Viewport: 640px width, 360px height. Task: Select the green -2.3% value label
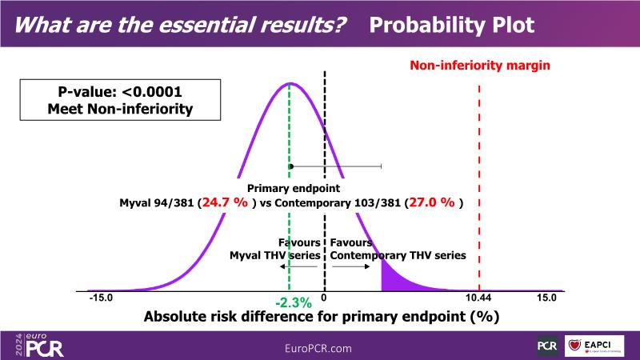[x=293, y=303]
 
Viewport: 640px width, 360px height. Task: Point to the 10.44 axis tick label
[x=478, y=298]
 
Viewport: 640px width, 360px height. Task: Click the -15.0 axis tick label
[x=102, y=298]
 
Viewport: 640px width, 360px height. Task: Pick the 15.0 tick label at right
[x=546, y=298]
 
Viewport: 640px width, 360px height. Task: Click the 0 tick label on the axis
[x=324, y=298]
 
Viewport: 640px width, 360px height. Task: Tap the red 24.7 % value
[x=226, y=202]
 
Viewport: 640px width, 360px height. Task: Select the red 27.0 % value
[x=433, y=202]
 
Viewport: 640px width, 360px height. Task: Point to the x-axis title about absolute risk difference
[x=322, y=316]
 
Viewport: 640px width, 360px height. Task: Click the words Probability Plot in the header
[x=452, y=24]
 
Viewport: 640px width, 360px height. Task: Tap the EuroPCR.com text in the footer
[x=318, y=348]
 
